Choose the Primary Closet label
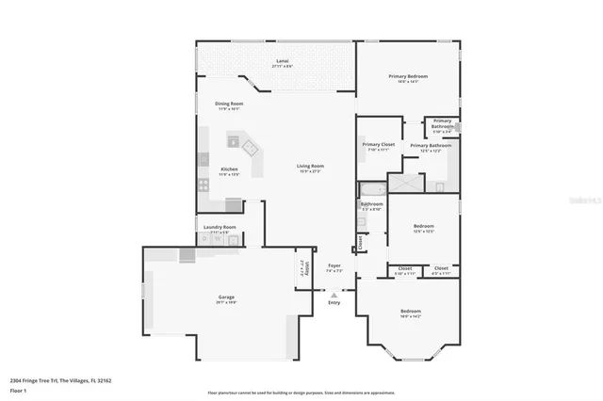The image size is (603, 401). (377, 145)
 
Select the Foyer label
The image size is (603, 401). (334, 266)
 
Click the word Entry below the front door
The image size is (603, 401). (334, 302)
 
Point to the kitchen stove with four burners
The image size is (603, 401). (203, 184)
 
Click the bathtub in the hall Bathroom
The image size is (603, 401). (371, 191)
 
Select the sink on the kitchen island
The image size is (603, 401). (250, 148)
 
